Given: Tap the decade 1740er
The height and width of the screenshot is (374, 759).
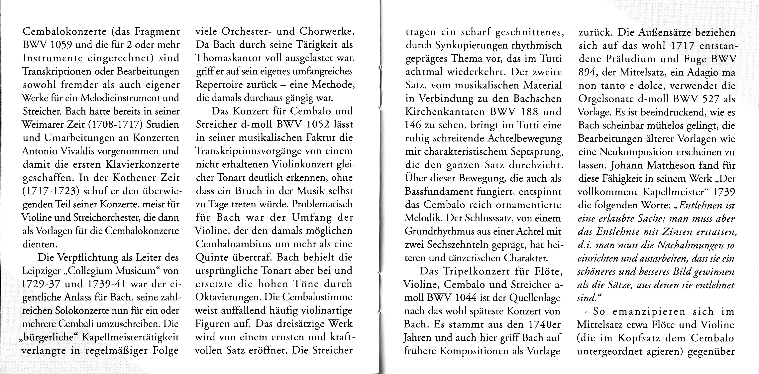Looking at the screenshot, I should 543,324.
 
